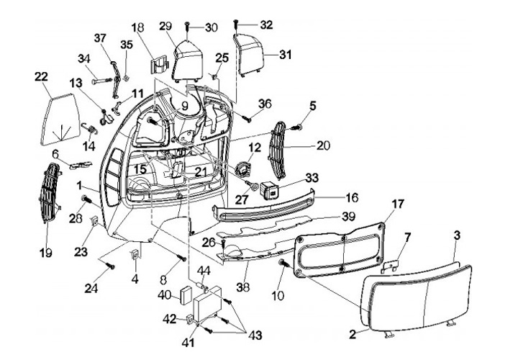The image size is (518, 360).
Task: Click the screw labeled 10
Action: [x=284, y=264]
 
